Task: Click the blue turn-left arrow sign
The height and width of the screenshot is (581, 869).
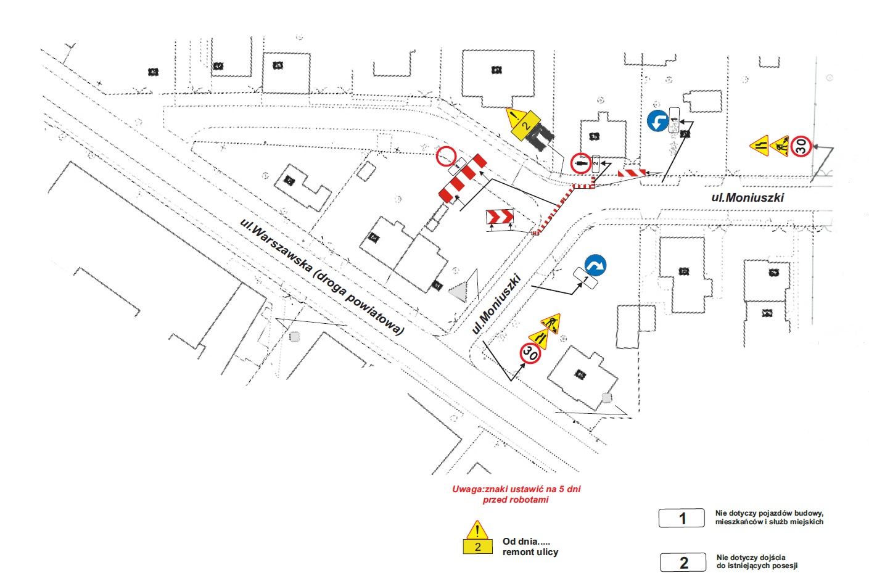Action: click(x=657, y=121)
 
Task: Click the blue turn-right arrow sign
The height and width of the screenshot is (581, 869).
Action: click(x=595, y=266)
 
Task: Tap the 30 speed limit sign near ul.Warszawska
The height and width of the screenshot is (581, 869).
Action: click(x=530, y=353)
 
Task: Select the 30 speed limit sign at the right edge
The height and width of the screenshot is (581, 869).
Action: click(x=801, y=146)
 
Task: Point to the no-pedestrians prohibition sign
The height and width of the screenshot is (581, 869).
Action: click(x=580, y=163)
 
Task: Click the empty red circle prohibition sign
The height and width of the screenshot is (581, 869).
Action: click(x=446, y=157)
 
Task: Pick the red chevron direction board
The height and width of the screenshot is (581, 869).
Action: click(x=500, y=216)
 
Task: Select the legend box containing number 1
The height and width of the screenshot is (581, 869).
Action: click(x=682, y=518)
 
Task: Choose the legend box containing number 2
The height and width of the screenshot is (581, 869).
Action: click(x=683, y=562)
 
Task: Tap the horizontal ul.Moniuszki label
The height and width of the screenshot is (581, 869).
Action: click(x=748, y=197)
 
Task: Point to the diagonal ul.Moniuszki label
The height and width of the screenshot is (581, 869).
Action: click(x=496, y=304)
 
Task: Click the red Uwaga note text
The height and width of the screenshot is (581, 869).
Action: click(x=516, y=494)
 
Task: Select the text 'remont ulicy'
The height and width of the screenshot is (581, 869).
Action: click(x=530, y=552)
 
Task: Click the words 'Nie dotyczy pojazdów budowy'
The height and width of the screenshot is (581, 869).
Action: click(x=769, y=513)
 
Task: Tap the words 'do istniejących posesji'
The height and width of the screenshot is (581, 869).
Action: click(x=757, y=566)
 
